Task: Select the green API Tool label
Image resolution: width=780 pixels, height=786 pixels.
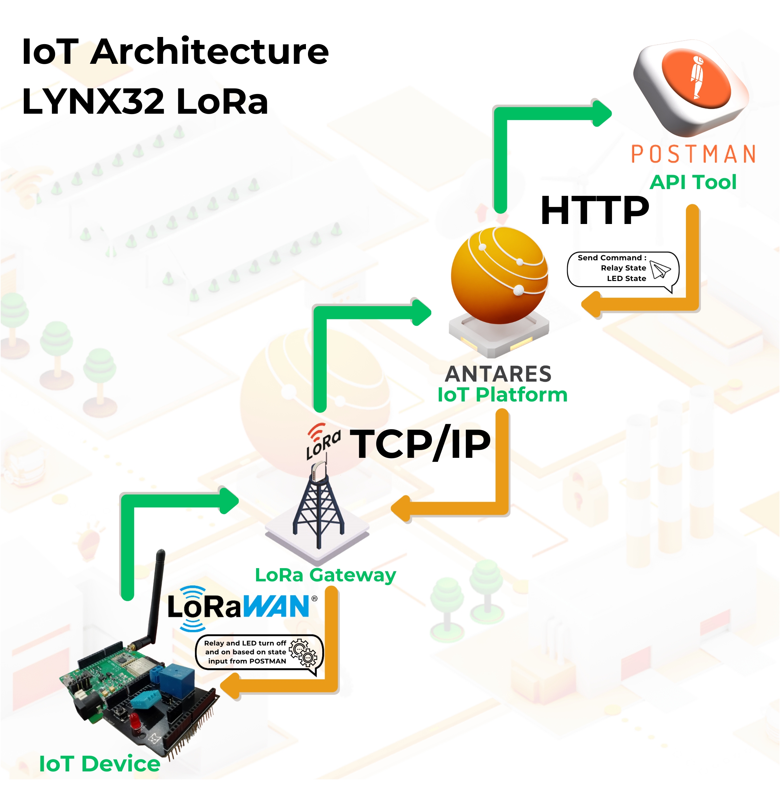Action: tap(693, 182)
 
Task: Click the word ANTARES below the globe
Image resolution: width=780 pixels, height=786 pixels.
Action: tap(498, 374)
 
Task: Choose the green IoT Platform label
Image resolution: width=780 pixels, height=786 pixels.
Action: tap(502, 395)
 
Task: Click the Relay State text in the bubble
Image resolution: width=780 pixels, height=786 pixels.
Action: tap(623, 268)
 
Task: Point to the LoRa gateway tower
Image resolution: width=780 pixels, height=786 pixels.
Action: tap(319, 504)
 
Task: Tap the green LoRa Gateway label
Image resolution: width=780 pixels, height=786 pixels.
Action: tap(325, 575)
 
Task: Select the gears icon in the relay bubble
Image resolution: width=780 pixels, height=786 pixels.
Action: tap(303, 652)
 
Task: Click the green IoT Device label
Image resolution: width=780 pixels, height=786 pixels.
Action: tap(99, 764)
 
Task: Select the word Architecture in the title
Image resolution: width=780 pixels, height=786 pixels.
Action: tap(209, 52)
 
